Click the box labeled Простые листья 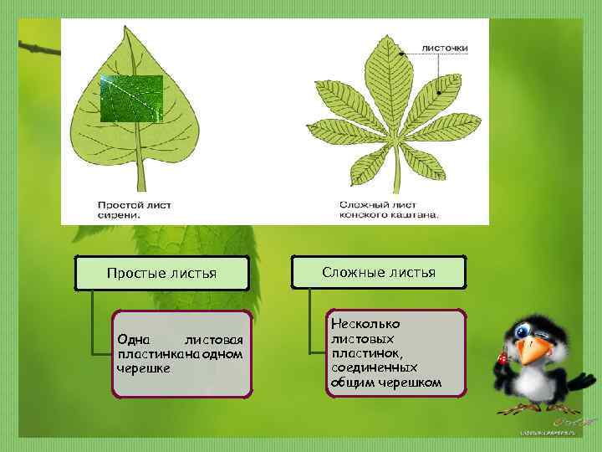pos(161,274)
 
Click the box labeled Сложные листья pos(378,273)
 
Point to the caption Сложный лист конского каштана pos(388,208)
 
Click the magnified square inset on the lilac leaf pos(131,99)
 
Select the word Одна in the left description pos(134,340)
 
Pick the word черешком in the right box pos(411,383)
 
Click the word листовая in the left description pos(213,340)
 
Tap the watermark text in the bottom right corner pos(548,433)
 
